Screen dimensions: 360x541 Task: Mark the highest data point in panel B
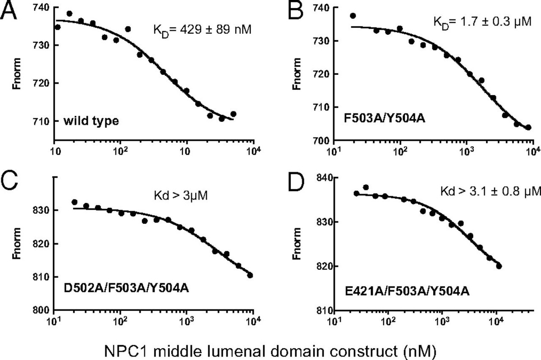(x=353, y=16)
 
